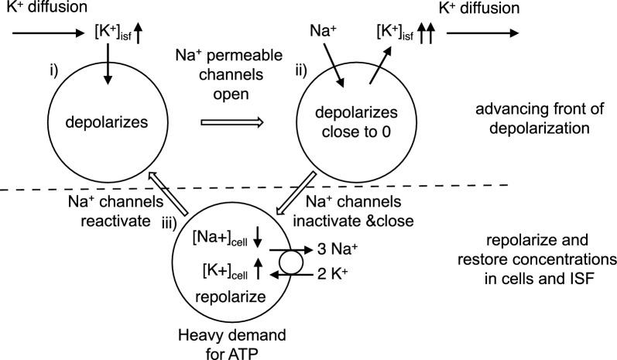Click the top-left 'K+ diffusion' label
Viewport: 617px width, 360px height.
click(38, 9)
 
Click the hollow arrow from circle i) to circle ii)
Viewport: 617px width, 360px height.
click(232, 122)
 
